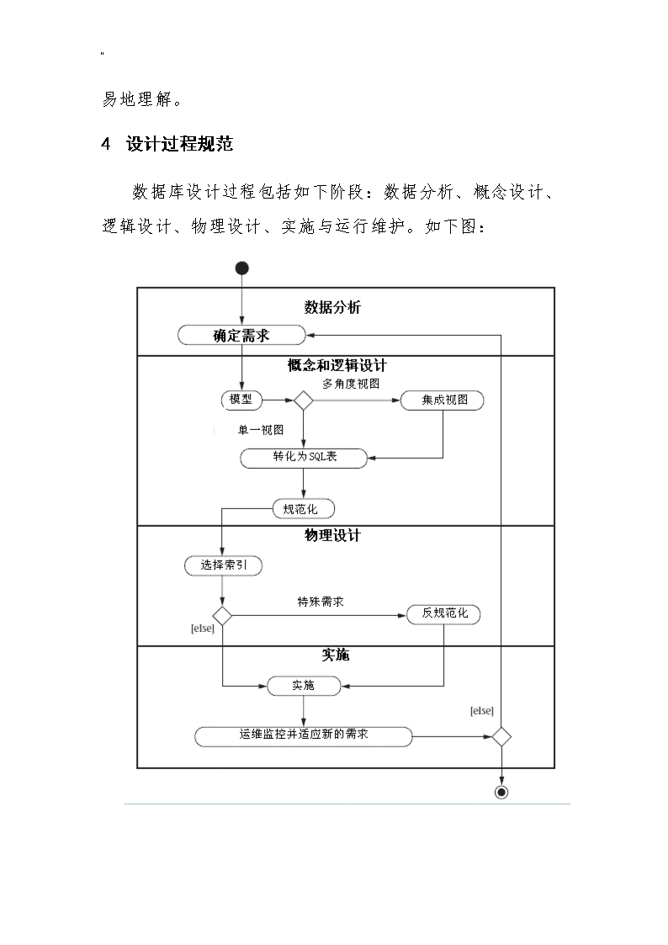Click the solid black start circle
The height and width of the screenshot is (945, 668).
242,268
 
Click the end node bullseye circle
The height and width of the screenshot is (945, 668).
501,792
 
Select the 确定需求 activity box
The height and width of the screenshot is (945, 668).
241,335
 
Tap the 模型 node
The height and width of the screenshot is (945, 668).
241,400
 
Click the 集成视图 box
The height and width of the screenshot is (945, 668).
443,401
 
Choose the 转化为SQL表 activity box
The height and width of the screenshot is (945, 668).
304,458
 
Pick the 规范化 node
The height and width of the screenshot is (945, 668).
304,509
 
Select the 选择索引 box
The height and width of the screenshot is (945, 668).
224,566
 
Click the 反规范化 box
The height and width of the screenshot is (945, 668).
444,614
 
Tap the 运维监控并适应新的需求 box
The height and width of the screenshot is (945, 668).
304,736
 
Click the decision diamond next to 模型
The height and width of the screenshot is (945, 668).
303,401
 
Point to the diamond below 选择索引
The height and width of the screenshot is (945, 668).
222,616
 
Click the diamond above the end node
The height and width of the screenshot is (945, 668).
501,736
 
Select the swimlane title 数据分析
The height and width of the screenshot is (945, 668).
331,307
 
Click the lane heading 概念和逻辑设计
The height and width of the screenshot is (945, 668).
337,365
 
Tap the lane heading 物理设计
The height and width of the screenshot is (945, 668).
332,535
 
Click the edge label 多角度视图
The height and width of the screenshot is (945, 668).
351,384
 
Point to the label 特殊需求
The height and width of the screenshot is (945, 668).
321,602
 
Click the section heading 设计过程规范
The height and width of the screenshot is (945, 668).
179,144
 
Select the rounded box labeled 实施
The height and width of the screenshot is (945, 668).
304,686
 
